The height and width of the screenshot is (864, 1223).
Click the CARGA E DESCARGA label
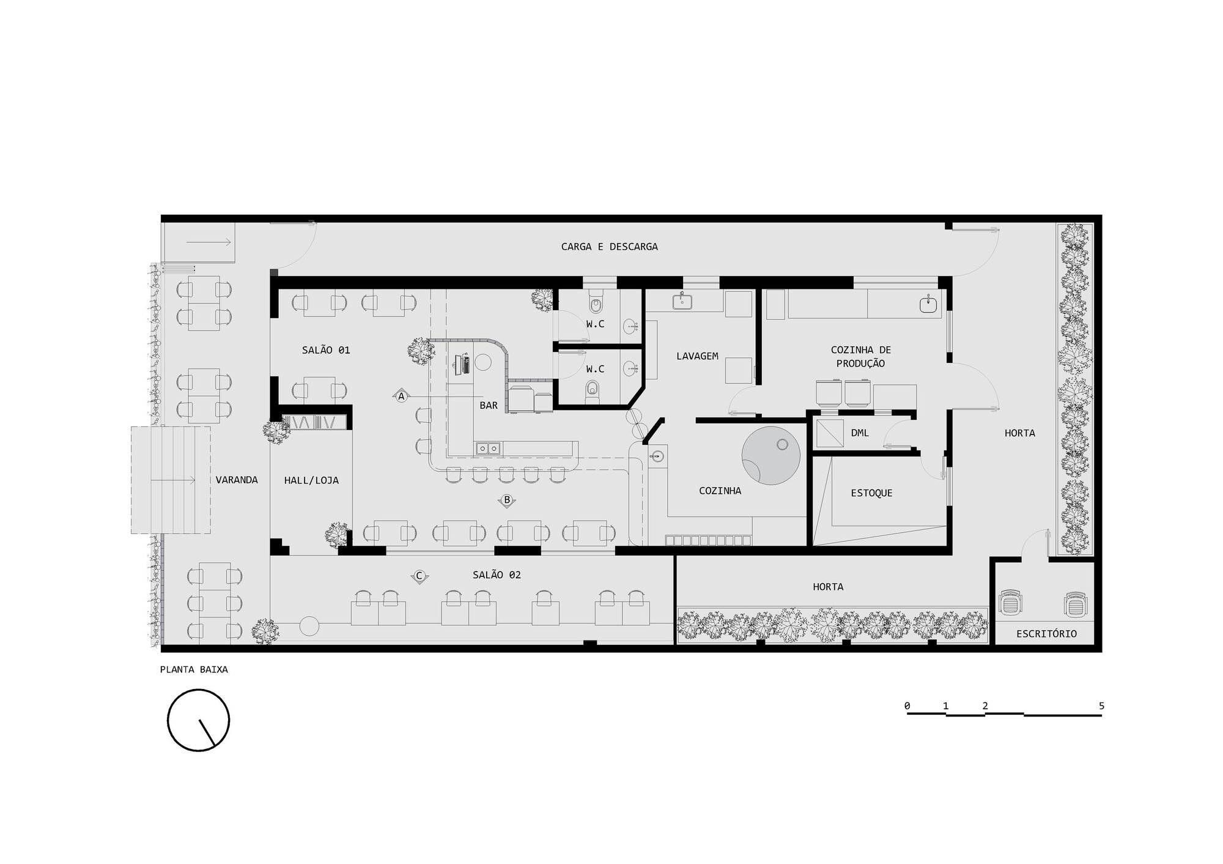pyautogui.click(x=609, y=247)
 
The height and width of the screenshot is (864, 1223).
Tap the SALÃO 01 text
pyautogui.click(x=326, y=350)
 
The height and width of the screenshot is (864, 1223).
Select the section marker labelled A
pyautogui.click(x=401, y=397)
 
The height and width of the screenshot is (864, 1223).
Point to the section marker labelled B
pyautogui.click(x=507, y=501)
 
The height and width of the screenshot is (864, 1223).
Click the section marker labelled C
pyautogui.click(x=419, y=576)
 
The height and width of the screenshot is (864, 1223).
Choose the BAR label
pyautogui.click(x=489, y=405)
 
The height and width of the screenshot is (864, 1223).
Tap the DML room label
pyautogui.click(x=860, y=433)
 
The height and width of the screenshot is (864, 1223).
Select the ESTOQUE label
pyautogui.click(x=871, y=493)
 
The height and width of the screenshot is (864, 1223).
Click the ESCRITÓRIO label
pyautogui.click(x=1046, y=633)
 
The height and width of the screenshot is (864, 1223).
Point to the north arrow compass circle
pyautogui.click(x=199, y=720)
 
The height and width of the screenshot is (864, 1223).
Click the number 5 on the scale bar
pyautogui.click(x=1101, y=706)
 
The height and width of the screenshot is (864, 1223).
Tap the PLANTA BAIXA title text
pyautogui.click(x=194, y=669)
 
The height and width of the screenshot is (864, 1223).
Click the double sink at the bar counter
pyautogui.click(x=488, y=449)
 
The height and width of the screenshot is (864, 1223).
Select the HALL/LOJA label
pyautogui.click(x=311, y=480)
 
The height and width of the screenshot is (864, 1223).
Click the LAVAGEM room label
pyautogui.click(x=697, y=356)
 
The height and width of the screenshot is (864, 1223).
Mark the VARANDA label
pyautogui.click(x=237, y=480)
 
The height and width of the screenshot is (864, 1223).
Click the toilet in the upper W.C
pyautogui.click(x=596, y=304)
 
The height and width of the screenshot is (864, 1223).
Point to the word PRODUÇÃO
pyautogui.click(x=860, y=363)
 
